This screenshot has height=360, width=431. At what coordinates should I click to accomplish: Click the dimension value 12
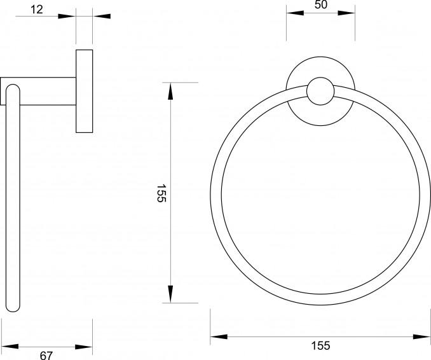click(x=37, y=10)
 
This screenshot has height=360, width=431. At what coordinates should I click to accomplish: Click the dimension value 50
click(x=321, y=4)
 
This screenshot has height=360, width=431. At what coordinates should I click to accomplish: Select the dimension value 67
click(x=47, y=356)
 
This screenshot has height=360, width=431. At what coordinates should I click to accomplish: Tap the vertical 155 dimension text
click(x=161, y=193)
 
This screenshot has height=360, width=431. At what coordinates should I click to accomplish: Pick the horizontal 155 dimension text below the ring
click(x=320, y=346)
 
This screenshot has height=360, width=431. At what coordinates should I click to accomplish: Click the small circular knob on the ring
click(x=320, y=91)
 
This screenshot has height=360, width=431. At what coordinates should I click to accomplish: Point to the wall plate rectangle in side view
click(x=85, y=91)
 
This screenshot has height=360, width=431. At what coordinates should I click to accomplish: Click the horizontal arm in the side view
click(x=38, y=91)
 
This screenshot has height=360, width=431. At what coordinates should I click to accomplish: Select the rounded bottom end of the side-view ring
click(x=13, y=307)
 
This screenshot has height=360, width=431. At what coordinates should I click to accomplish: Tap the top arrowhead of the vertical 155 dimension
click(x=171, y=91)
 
